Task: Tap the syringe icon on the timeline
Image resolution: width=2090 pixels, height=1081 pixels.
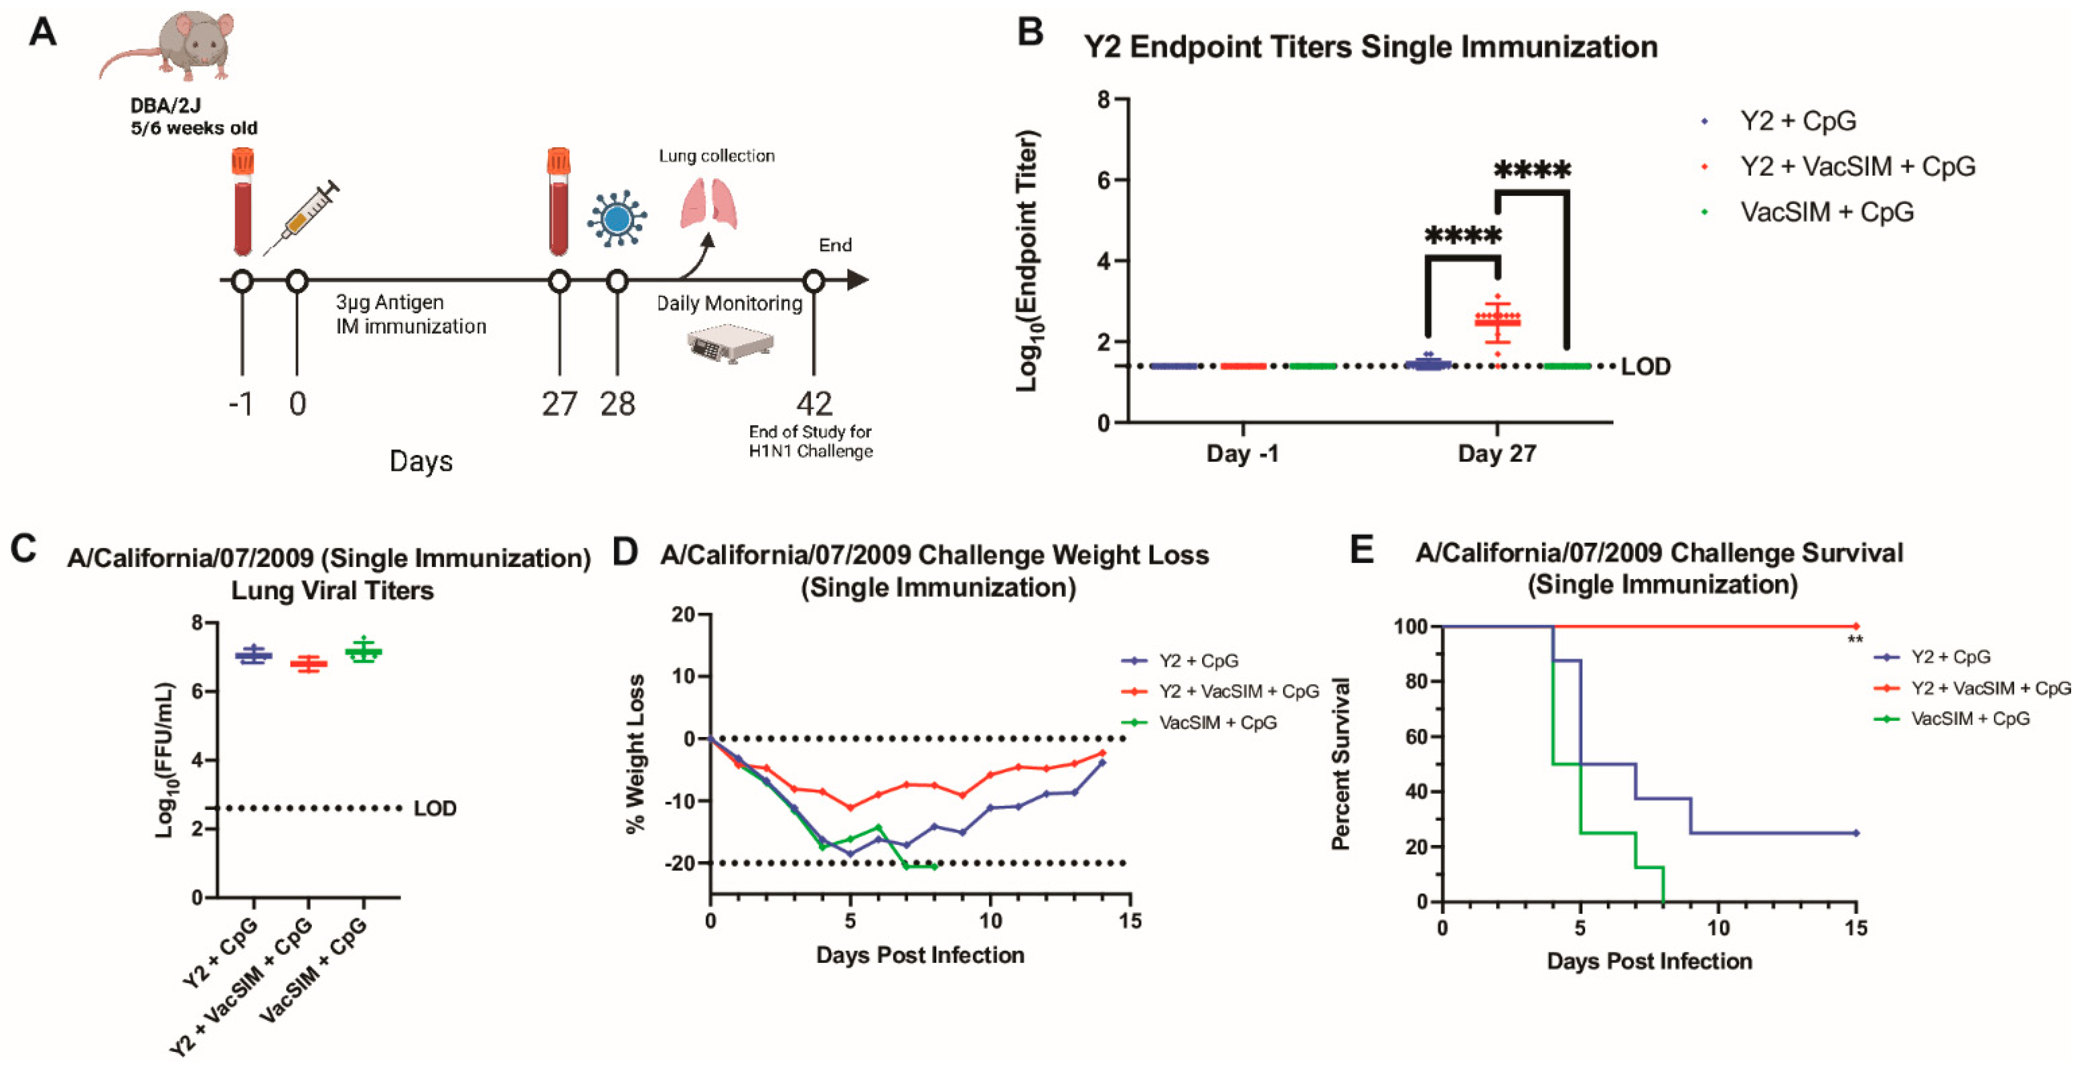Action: pos(302,218)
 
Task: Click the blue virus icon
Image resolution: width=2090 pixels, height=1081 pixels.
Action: pos(617,218)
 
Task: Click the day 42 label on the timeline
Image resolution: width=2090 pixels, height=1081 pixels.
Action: pos(814,404)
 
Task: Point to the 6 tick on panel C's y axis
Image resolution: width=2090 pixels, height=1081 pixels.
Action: pos(197,691)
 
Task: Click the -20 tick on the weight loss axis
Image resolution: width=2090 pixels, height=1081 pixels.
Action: pos(680,863)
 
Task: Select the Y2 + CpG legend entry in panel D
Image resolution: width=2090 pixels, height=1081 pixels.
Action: pos(1198,661)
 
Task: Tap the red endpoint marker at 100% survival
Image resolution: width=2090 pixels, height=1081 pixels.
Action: pos(1855,626)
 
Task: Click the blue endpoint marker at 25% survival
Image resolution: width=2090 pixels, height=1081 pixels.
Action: pos(1855,833)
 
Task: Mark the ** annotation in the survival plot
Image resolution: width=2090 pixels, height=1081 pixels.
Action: pos(1855,641)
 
